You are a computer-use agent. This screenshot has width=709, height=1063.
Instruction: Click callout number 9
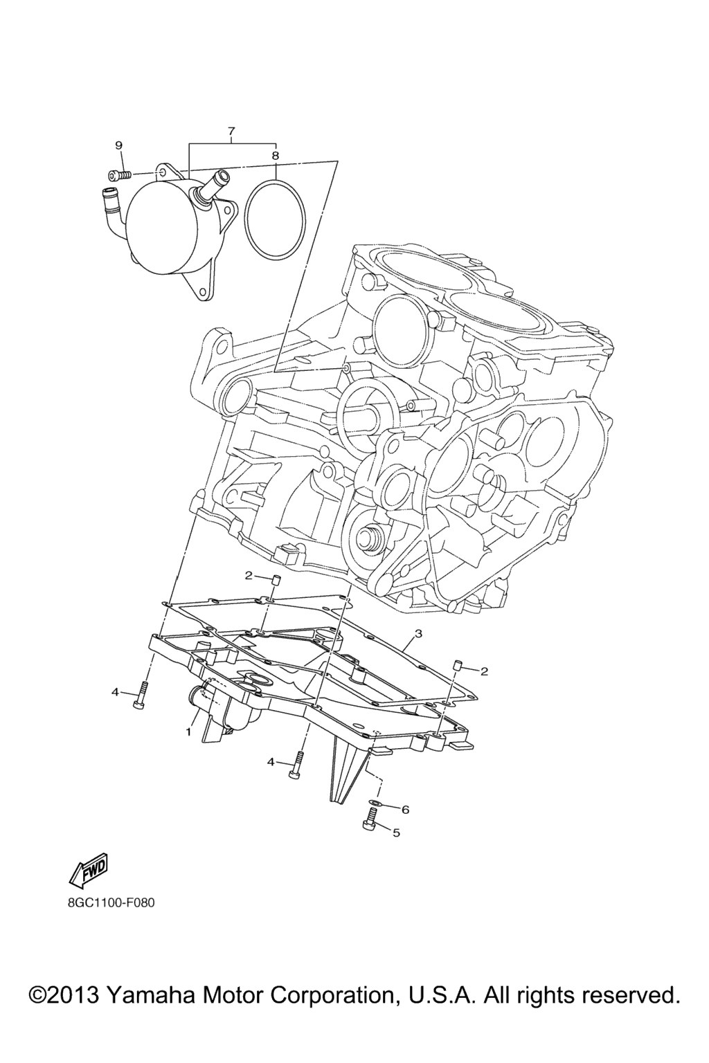click(x=118, y=146)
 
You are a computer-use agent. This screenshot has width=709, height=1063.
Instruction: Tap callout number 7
click(x=231, y=131)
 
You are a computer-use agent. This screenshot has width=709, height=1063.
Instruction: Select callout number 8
click(x=276, y=155)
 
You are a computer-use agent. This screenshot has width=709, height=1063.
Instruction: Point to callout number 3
click(x=418, y=633)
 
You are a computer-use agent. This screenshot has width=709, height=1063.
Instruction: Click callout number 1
click(x=188, y=732)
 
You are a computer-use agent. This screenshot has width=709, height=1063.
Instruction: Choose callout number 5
click(x=397, y=833)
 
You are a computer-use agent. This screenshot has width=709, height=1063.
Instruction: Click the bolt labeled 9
click(x=118, y=174)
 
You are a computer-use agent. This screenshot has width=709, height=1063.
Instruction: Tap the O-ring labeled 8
click(x=276, y=219)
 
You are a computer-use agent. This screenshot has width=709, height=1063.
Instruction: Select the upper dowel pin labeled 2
click(x=274, y=581)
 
